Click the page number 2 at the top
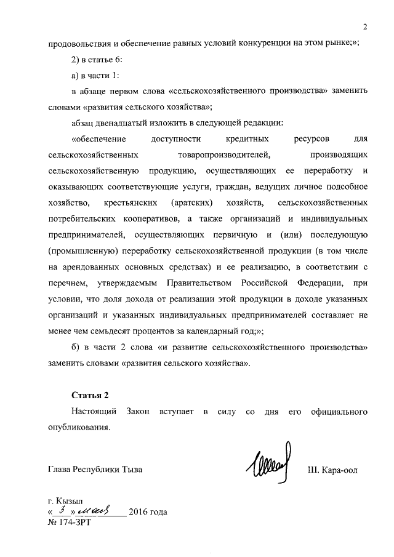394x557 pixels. coord(365,26)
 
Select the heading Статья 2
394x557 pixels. coord(90,395)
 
